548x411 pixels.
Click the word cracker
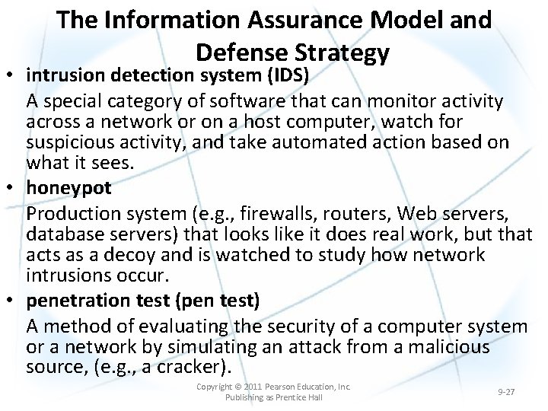pos(190,368)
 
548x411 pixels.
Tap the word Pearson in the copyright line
pos(278,387)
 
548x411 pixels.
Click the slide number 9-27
pos(505,392)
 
